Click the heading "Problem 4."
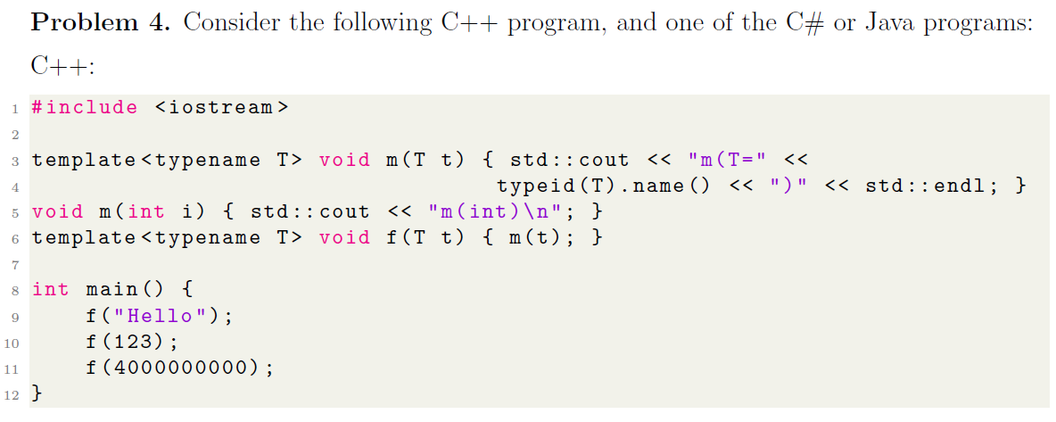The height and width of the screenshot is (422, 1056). (99, 23)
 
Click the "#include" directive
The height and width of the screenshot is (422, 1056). (85, 108)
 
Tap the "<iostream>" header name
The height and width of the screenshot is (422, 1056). (222, 108)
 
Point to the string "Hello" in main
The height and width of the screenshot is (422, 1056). (161, 316)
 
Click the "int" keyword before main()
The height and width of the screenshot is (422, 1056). (50, 290)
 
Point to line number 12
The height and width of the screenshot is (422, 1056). (12, 394)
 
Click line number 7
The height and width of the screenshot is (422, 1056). (15, 264)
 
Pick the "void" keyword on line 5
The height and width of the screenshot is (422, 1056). (57, 212)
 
